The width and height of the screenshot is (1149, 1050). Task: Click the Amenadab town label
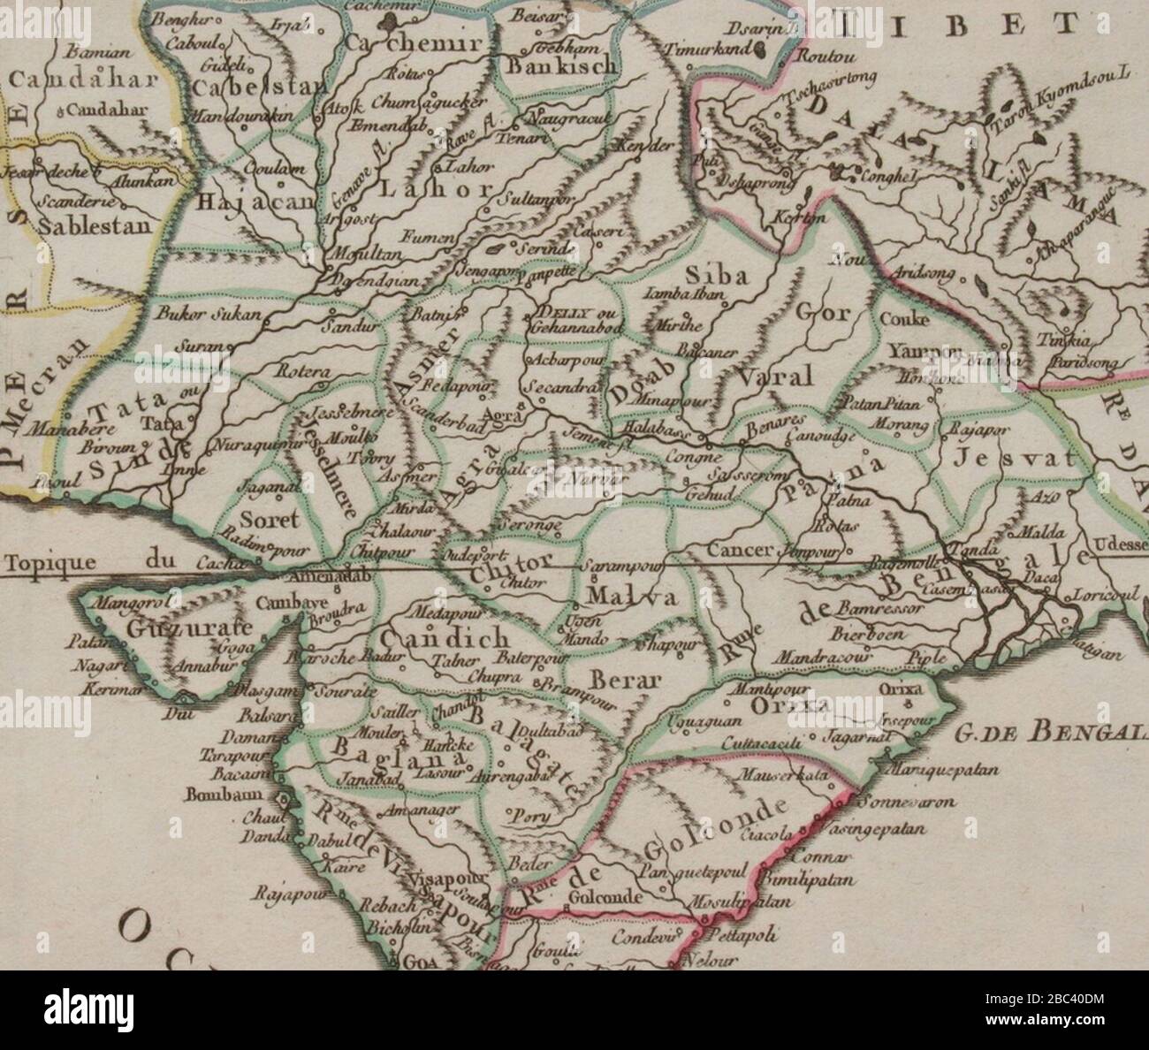pos(326,575)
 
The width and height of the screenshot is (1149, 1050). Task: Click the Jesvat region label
pos(1016,458)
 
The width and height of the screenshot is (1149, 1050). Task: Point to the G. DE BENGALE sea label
pos(1051,731)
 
